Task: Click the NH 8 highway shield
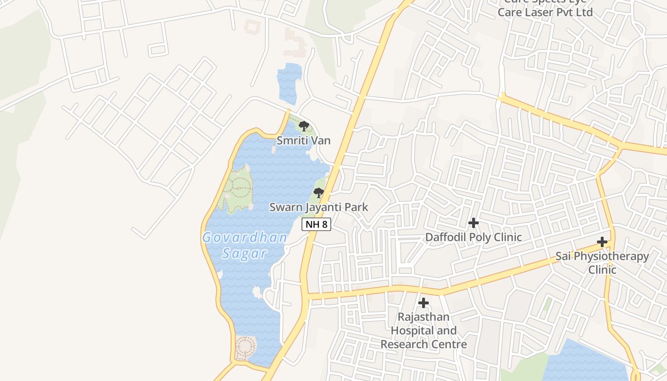(316, 224)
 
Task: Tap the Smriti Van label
(303, 140)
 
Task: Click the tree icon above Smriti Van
(303, 126)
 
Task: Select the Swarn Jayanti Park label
(319, 207)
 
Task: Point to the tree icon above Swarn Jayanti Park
(318, 193)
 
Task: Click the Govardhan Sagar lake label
(245, 245)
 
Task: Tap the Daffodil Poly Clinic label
(473, 237)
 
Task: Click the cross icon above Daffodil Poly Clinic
(473, 222)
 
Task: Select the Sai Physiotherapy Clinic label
(602, 263)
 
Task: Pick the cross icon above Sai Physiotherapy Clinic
(602, 242)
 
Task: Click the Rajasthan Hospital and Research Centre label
(424, 331)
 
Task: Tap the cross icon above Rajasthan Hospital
(423, 303)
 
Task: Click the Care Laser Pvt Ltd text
(545, 12)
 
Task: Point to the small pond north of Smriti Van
(289, 83)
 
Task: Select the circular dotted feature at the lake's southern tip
(245, 348)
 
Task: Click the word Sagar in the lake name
(244, 253)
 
